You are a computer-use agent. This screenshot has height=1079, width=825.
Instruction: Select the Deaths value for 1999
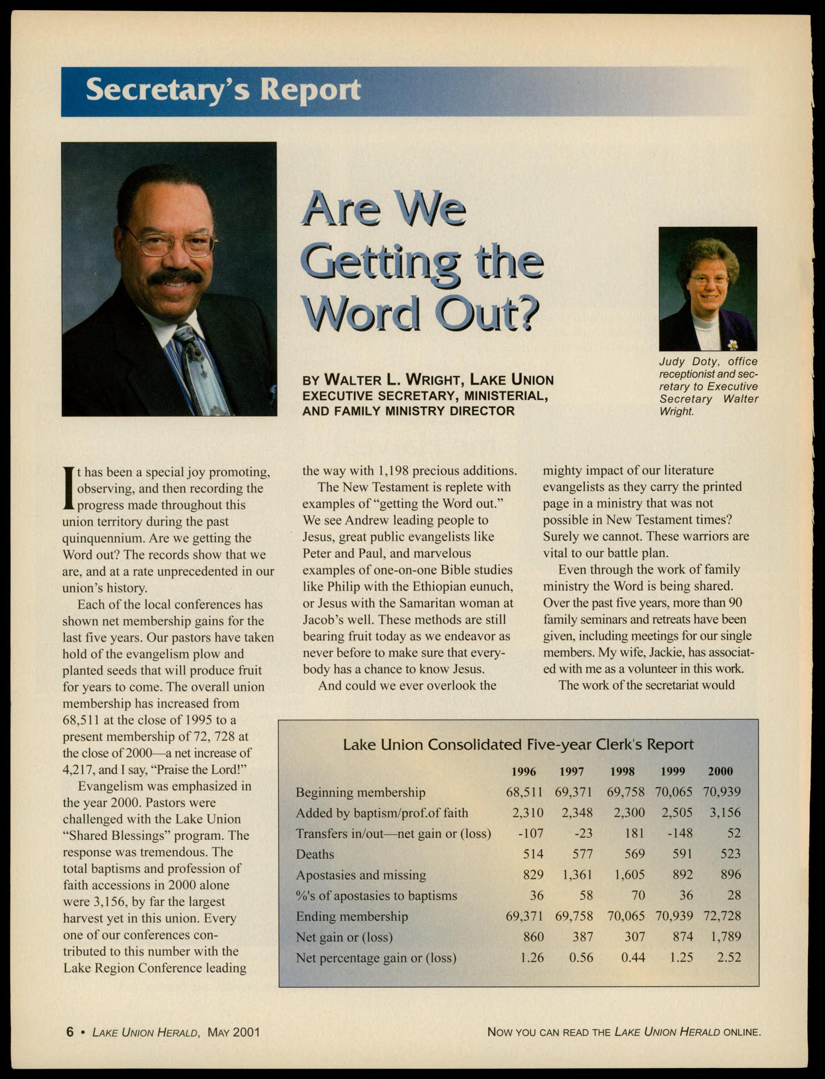[x=682, y=854]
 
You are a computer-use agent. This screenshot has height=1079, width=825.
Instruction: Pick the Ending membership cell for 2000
[x=722, y=916]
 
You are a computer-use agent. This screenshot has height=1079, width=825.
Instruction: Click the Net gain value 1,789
[x=725, y=936]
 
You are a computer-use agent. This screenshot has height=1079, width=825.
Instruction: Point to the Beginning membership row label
[x=360, y=792]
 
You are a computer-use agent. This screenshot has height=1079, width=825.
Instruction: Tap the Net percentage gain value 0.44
[x=633, y=957]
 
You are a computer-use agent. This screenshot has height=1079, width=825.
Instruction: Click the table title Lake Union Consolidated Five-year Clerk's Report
[x=518, y=744]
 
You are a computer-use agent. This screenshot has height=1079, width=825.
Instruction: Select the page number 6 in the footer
[x=70, y=1031]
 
